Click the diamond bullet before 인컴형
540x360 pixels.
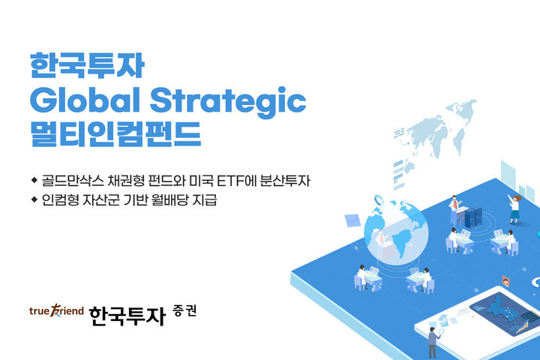(x=34, y=200)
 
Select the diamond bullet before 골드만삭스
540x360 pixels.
(x=34, y=181)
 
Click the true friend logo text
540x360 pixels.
(x=55, y=310)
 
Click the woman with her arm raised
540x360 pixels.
(x=514, y=207)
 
